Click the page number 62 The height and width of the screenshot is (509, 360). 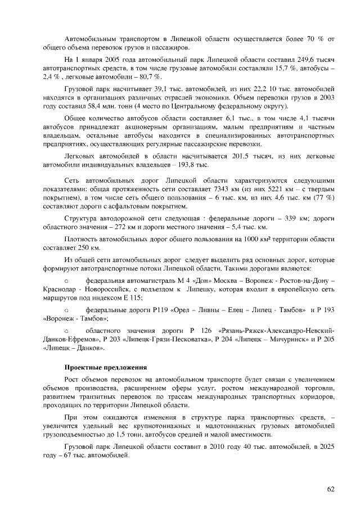point(331,488)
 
